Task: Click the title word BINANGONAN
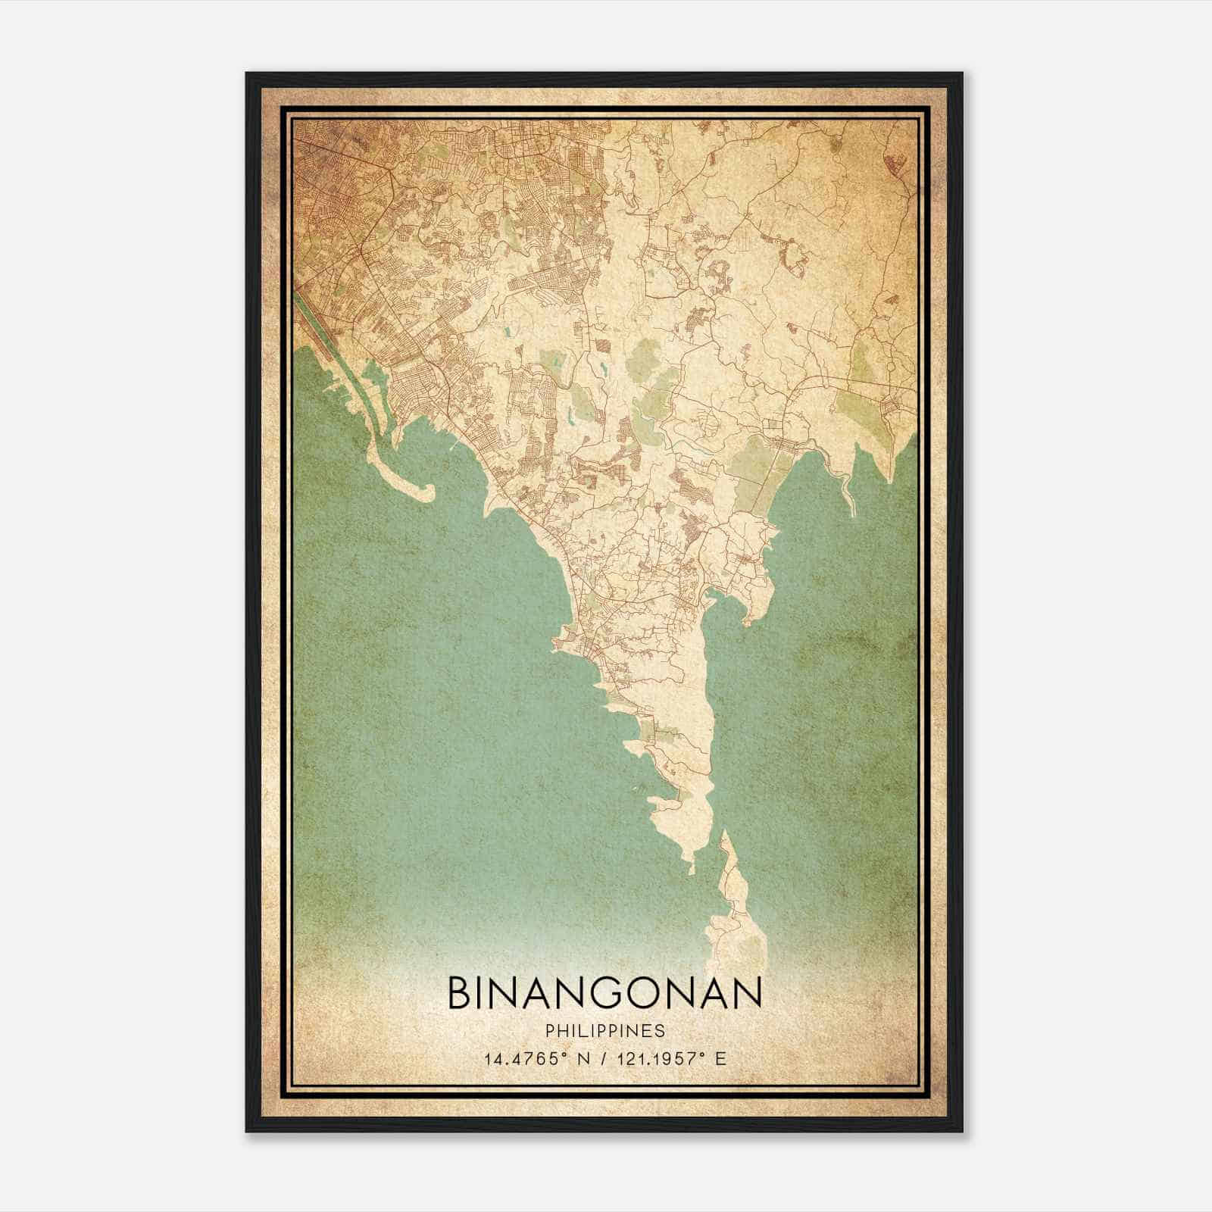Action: [x=604, y=993]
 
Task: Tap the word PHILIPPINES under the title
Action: [x=604, y=1031]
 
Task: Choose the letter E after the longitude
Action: [x=720, y=1058]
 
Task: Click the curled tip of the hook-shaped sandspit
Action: [x=427, y=494]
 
